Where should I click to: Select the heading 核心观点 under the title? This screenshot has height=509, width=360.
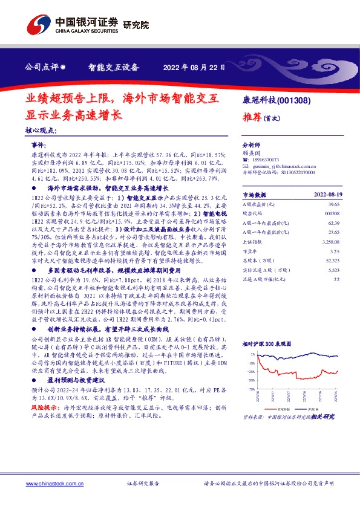[x=41, y=131]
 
